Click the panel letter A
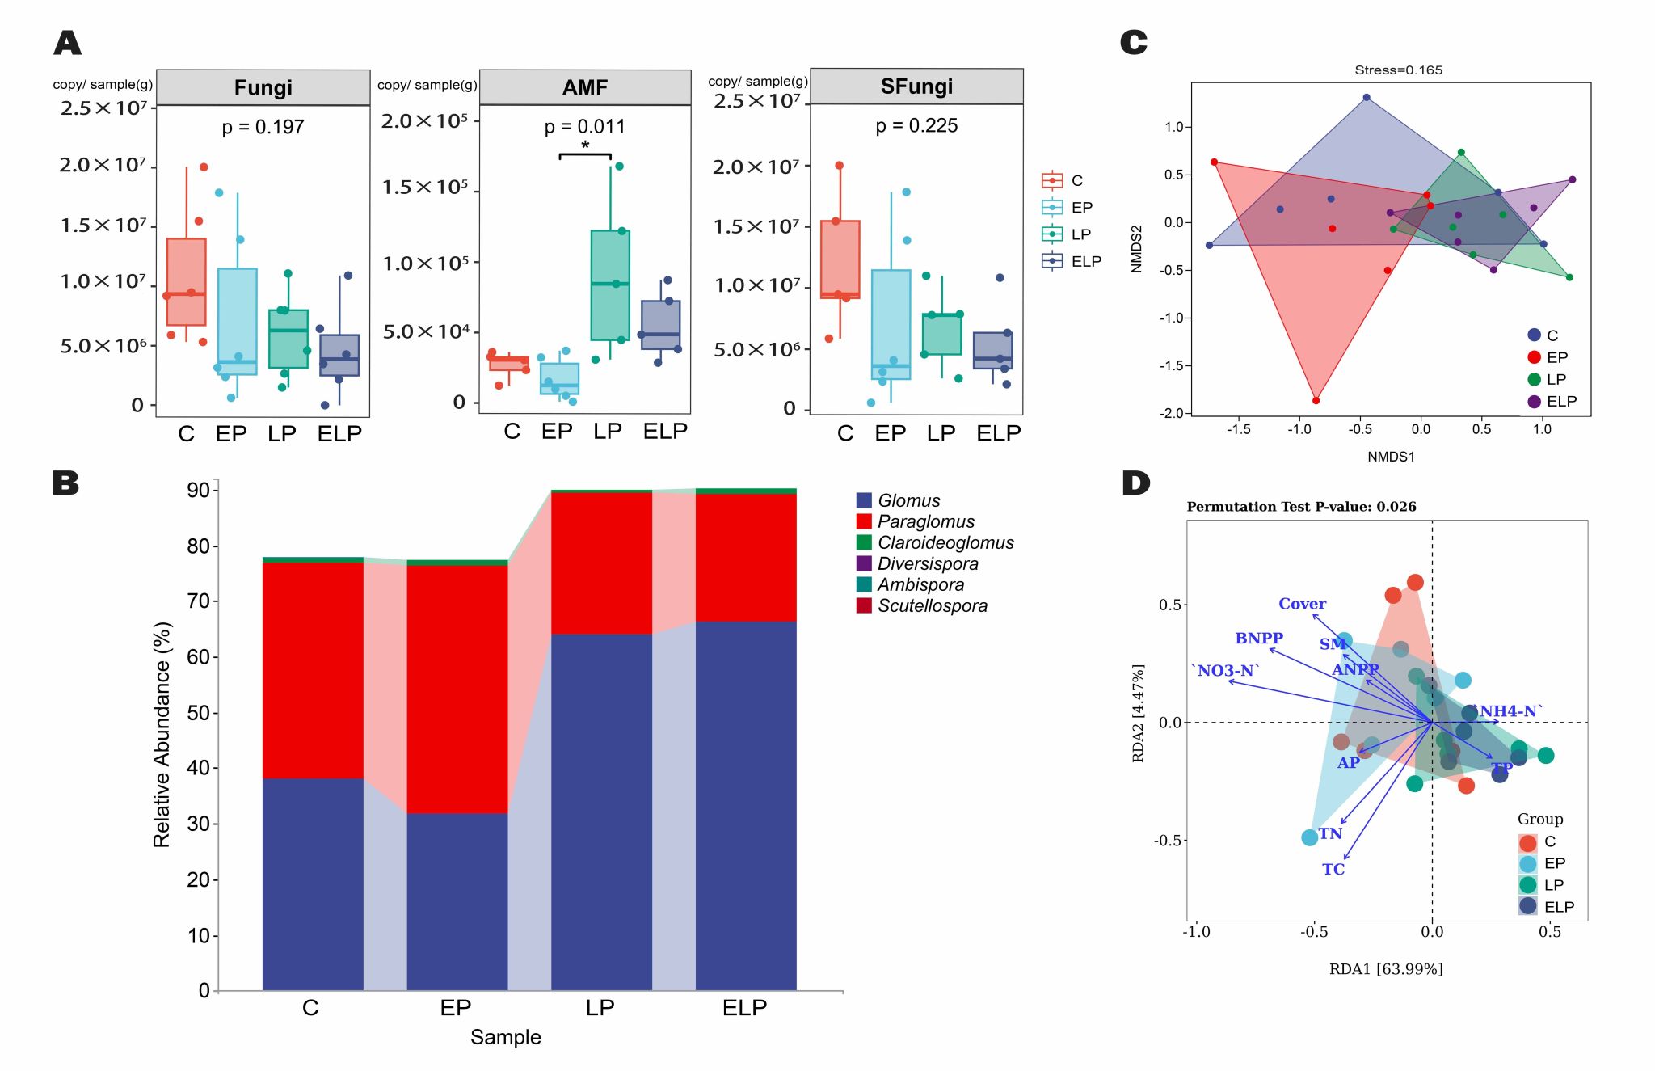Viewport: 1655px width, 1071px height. pos(68,43)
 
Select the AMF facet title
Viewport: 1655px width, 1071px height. pos(585,87)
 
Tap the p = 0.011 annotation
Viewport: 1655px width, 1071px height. pos(584,126)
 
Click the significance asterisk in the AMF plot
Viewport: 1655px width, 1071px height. pos(585,146)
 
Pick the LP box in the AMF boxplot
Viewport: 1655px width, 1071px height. pos(610,285)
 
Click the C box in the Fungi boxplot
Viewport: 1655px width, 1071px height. pos(187,281)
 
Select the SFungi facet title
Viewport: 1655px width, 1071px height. pos(916,86)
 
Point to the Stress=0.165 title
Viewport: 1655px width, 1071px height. pos(1398,70)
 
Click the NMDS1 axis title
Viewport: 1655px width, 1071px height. pos(1391,457)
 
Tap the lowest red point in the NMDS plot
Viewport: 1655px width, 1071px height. pos(1316,401)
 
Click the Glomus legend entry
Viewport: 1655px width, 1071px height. pos(908,501)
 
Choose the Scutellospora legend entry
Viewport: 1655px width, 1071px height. pos(932,606)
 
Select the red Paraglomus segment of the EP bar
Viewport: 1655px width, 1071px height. pos(457,689)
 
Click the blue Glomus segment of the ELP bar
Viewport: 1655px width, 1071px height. pos(746,804)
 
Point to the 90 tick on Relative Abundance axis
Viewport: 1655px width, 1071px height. pos(198,490)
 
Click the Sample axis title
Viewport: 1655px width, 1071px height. pos(506,1037)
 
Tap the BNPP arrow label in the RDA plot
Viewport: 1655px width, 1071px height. pos(1259,639)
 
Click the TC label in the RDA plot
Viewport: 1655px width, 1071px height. pos(1333,870)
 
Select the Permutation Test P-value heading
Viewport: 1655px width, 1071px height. pos(1301,507)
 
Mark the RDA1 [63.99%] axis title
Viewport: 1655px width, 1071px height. pos(1386,968)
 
